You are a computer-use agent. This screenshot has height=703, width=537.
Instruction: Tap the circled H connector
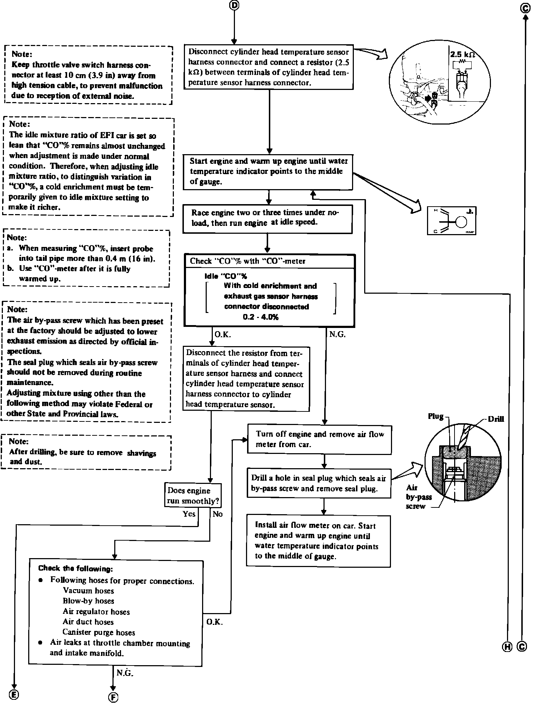pyautogui.click(x=507, y=646)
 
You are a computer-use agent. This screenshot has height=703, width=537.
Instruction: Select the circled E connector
pyautogui.click(x=14, y=694)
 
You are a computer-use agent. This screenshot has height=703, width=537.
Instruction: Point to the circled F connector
pyautogui.click(x=113, y=697)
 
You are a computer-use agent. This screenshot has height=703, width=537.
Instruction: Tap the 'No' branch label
pyautogui.click(x=217, y=514)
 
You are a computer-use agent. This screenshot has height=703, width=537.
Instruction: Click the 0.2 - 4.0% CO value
pyautogui.click(x=260, y=317)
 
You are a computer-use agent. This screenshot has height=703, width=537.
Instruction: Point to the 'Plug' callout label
pyautogui.click(x=436, y=416)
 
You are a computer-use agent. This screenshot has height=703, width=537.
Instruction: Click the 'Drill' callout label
pyautogui.click(x=496, y=419)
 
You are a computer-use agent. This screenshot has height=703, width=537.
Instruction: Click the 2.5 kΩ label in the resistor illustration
pyautogui.click(x=462, y=55)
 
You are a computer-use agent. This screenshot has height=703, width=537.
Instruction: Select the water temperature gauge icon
pyautogui.click(x=452, y=221)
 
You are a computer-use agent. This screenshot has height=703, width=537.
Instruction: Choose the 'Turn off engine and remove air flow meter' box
pyautogui.click(x=320, y=439)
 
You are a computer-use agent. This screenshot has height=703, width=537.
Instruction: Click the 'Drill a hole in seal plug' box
pyautogui.click(x=319, y=483)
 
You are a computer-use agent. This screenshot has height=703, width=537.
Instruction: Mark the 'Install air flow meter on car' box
pyautogui.click(x=318, y=541)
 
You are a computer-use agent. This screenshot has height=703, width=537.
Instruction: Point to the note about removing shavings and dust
pyautogui.click(x=86, y=452)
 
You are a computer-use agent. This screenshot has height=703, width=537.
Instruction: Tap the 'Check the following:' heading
pyautogui.click(x=75, y=568)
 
